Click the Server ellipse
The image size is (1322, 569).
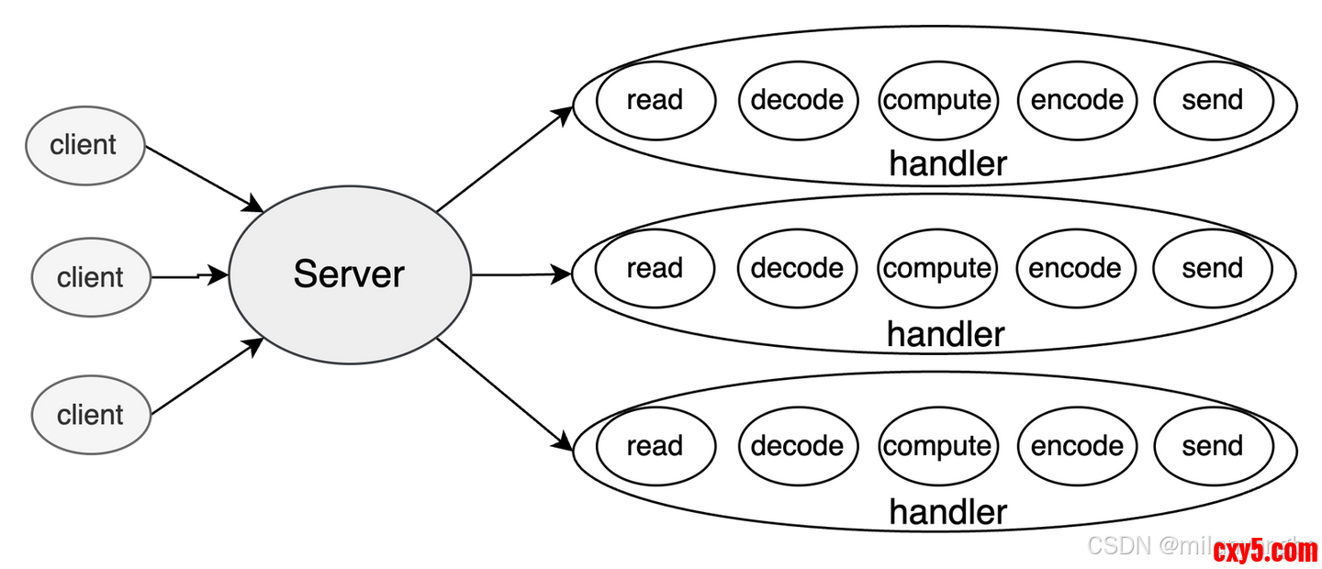(349, 273)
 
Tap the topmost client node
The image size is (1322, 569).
(84, 144)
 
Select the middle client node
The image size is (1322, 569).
(90, 276)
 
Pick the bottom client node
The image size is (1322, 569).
(90, 414)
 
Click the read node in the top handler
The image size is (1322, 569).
(655, 99)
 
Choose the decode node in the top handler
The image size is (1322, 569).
(797, 99)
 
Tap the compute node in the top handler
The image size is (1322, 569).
(936, 99)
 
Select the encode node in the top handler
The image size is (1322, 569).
(1077, 99)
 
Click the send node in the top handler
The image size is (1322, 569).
(1213, 99)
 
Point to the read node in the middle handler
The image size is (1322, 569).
(655, 268)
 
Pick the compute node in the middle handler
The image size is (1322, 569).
(936, 268)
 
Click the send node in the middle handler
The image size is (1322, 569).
(1213, 268)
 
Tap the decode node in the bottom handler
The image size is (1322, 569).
(797, 446)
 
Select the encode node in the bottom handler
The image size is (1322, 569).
(1077, 446)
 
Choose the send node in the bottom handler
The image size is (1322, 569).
(1213, 446)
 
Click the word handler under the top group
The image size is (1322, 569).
(947, 163)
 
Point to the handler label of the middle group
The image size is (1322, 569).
(946, 334)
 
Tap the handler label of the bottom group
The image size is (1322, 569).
(947, 511)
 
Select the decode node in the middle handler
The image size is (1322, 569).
(797, 268)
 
